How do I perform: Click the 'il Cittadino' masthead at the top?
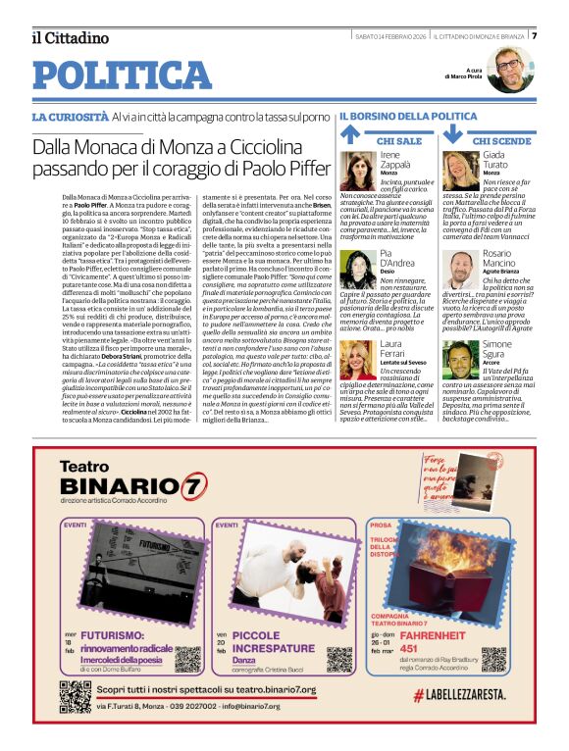pos(70,38)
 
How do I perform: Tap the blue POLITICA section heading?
pos(122,75)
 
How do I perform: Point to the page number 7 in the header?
pos(534,36)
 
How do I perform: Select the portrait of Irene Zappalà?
pos(358,171)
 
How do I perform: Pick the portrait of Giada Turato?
pos(460,171)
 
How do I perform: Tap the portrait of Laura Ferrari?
pos(358,360)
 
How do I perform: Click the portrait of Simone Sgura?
pos(460,360)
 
